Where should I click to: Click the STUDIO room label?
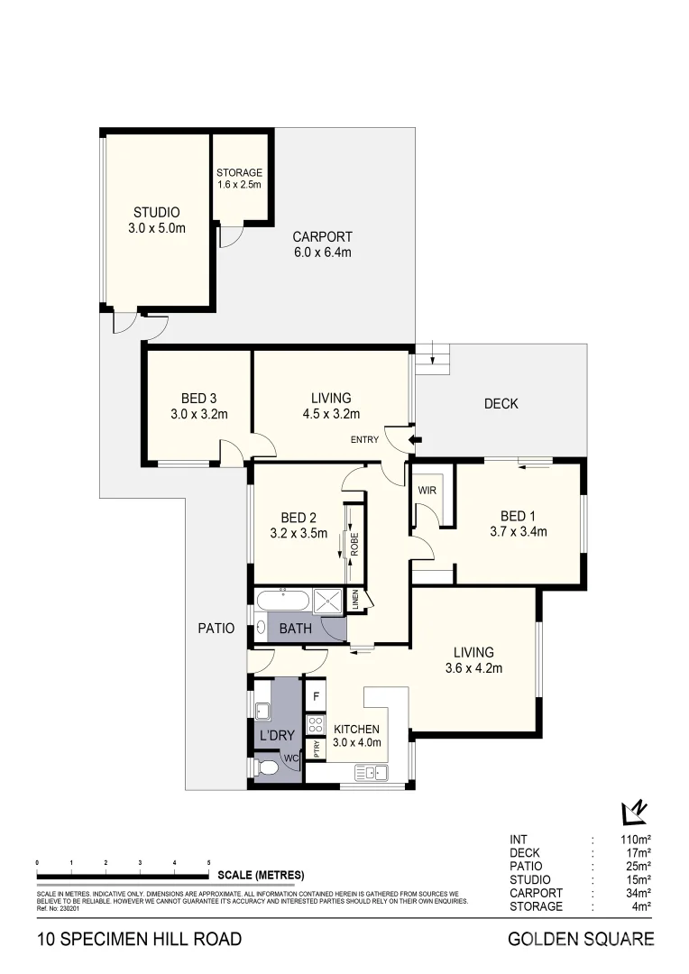click(x=157, y=213)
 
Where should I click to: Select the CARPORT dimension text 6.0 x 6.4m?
click(x=322, y=253)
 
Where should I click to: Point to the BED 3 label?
click(x=198, y=398)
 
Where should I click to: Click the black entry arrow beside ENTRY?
click(x=416, y=440)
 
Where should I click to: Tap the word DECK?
click(x=501, y=404)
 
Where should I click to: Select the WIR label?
click(x=427, y=492)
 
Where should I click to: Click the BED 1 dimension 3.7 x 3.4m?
click(x=518, y=531)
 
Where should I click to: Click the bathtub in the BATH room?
click(x=283, y=600)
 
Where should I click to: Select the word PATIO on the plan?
click(x=216, y=628)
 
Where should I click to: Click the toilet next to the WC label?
click(x=267, y=768)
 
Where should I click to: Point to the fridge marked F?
click(x=316, y=697)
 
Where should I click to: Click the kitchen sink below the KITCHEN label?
click(x=371, y=772)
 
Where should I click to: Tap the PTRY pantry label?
click(x=316, y=749)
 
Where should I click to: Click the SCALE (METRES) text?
click(x=261, y=876)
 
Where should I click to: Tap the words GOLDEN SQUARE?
click(x=582, y=940)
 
